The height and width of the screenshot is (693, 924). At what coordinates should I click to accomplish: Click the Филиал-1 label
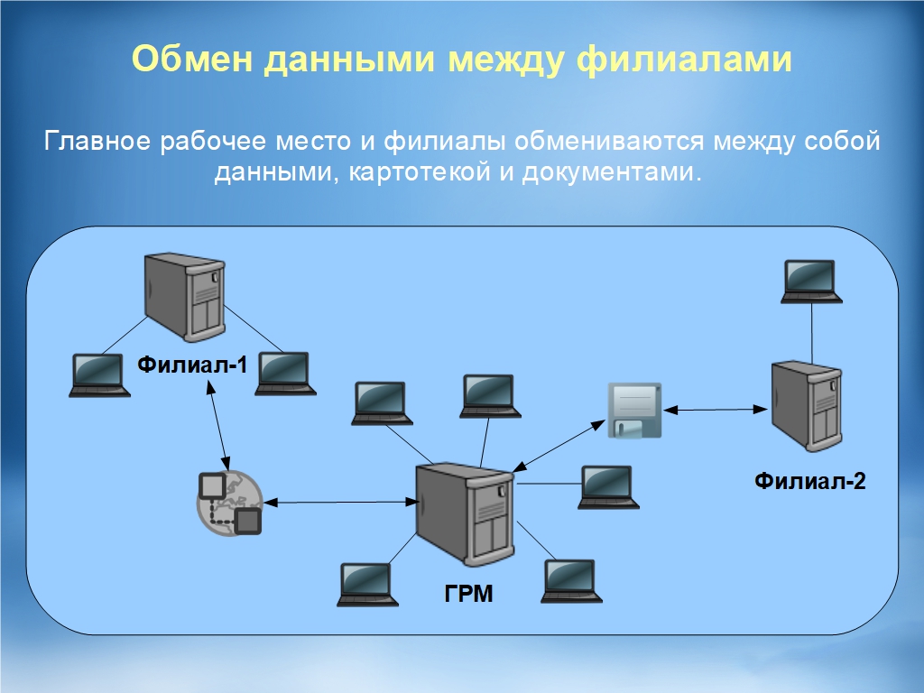(x=191, y=365)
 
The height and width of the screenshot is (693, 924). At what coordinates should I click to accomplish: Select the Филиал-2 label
(x=809, y=480)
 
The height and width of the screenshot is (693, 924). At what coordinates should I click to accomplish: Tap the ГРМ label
(x=468, y=594)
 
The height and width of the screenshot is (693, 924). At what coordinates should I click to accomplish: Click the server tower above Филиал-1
(x=184, y=297)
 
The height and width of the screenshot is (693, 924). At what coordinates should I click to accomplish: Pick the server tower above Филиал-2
(x=807, y=405)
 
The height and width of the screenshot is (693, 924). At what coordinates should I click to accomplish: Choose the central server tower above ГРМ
(x=464, y=513)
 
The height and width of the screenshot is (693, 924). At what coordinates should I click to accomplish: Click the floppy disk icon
(x=634, y=410)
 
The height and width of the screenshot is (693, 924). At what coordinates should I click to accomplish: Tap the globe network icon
(x=229, y=502)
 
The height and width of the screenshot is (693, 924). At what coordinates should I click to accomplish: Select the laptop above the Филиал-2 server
(x=811, y=281)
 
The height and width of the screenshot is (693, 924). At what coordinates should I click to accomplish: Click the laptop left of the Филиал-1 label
(x=97, y=374)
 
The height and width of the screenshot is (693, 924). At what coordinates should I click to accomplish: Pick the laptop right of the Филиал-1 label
(x=284, y=373)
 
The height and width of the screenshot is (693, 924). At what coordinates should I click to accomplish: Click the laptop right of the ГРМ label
(x=571, y=580)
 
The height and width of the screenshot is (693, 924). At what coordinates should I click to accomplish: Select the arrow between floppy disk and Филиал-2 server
(x=715, y=410)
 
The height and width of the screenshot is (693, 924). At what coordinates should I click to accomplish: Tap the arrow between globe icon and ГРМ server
(x=338, y=502)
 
